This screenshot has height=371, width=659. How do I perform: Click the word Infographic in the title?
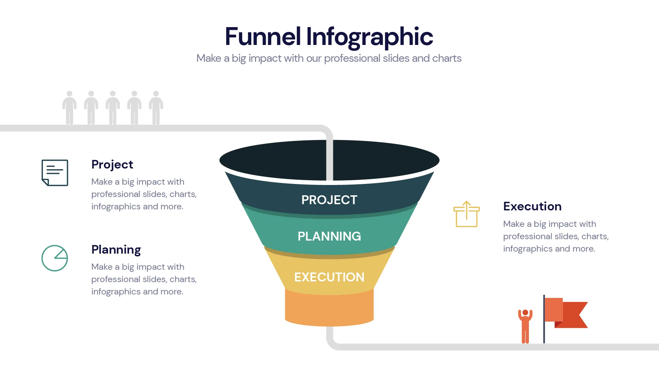pos(369,37)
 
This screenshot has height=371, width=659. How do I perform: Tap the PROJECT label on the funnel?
pos(329,200)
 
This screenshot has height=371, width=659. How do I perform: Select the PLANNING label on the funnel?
pos(329,236)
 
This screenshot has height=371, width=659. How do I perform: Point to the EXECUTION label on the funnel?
pos(329,277)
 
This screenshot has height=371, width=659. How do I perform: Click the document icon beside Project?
pos(55,173)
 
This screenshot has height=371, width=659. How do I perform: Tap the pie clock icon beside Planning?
pos(55,258)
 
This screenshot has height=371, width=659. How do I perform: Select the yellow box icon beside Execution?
pos(466,214)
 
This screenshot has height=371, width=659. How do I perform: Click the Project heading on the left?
pos(112,164)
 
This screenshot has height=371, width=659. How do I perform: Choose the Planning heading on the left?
pos(116,250)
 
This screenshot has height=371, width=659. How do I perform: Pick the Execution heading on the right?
pos(532,206)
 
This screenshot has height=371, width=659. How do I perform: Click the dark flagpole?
pos(544,319)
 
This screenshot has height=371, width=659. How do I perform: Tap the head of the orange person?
pos(525,312)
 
